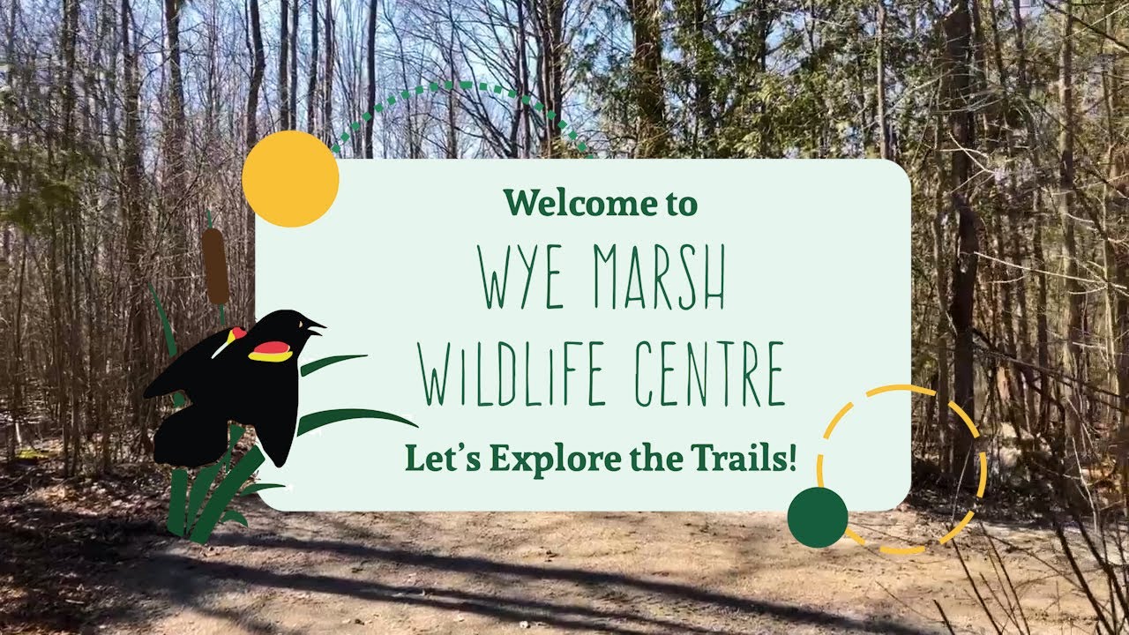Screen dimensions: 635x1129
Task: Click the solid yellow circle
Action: [290, 179]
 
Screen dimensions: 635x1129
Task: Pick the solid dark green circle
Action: [818, 517]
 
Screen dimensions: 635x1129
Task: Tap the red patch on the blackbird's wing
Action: [270, 351]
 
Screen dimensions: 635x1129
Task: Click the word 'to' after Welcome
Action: [680, 204]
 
